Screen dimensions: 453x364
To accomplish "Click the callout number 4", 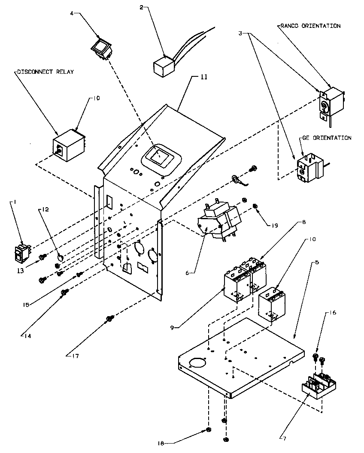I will pos(72,13).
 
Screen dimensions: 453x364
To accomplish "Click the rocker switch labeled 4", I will pos(102,48).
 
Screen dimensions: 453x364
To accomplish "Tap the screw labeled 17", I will pos(109,319).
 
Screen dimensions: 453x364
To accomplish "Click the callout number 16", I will pos(333,313).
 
